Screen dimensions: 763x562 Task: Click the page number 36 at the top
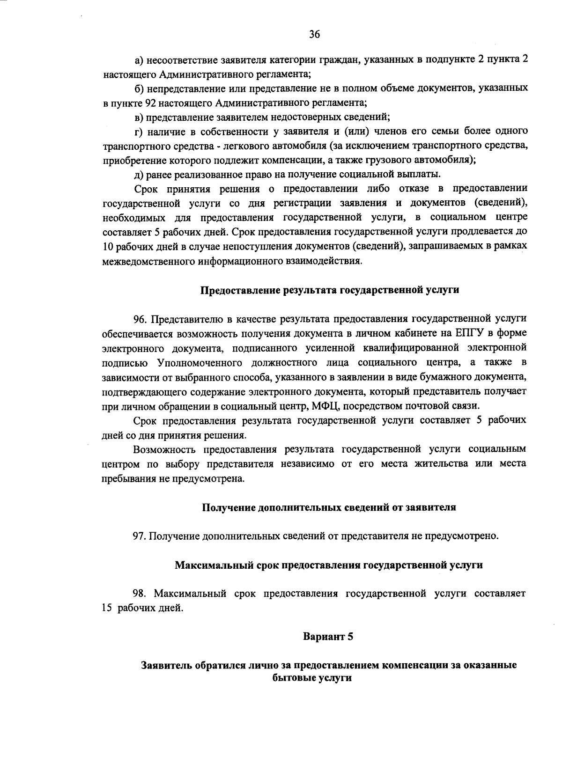[x=314, y=34]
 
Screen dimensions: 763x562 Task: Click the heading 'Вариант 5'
[x=327, y=637]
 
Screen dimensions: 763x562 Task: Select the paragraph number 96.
[x=140, y=319]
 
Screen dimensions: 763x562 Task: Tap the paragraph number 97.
[x=140, y=536]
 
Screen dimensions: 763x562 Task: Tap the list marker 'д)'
[x=139, y=175]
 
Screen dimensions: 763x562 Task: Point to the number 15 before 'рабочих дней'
[x=107, y=609]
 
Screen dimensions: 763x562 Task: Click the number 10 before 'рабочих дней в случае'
[x=108, y=247]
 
